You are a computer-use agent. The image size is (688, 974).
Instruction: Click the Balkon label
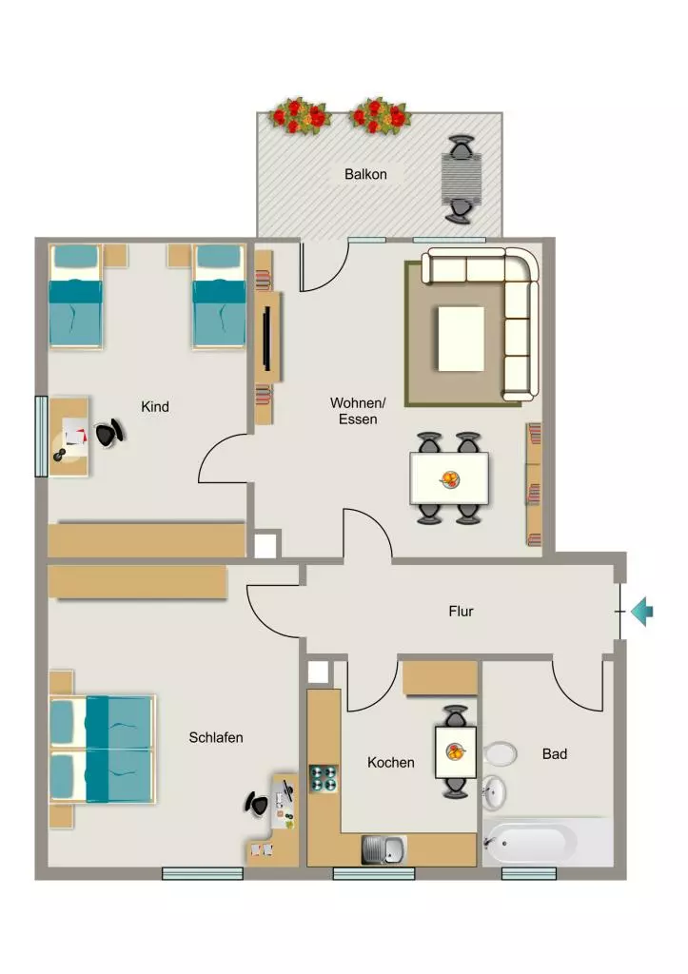(x=365, y=174)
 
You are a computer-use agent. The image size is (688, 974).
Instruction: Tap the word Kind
(x=155, y=406)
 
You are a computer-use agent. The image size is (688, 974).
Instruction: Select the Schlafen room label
(x=216, y=737)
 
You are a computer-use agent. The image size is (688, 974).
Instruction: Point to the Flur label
(x=461, y=612)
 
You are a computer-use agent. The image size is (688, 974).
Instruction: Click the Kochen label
(x=390, y=762)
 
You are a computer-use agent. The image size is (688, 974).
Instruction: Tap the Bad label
(x=555, y=753)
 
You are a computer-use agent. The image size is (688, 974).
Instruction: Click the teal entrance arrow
(x=641, y=612)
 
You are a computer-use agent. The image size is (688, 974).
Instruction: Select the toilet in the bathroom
(x=501, y=754)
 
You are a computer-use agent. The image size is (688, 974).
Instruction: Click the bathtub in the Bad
(x=530, y=842)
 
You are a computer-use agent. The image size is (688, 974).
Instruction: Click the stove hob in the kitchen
(x=324, y=778)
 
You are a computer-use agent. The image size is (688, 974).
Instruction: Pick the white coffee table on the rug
(x=461, y=339)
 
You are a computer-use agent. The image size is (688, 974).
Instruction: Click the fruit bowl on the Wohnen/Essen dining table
(x=450, y=479)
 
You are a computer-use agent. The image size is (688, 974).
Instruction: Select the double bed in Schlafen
(x=102, y=750)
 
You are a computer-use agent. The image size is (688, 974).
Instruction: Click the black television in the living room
(x=267, y=339)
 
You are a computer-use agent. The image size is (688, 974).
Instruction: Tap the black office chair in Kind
(x=109, y=433)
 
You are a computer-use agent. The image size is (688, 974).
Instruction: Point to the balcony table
(x=462, y=178)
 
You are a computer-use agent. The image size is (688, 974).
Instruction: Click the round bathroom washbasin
(x=494, y=792)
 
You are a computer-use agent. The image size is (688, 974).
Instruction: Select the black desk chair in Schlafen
(x=257, y=805)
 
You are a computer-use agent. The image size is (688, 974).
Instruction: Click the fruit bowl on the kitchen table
(x=456, y=752)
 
